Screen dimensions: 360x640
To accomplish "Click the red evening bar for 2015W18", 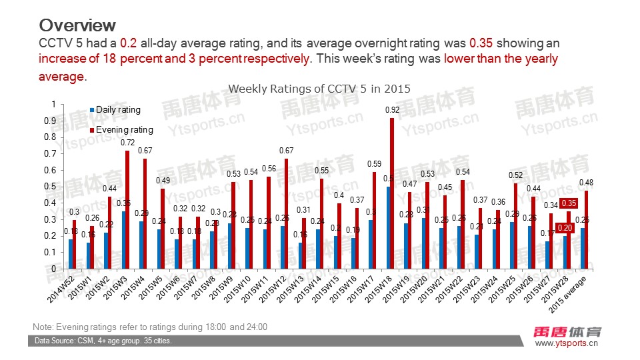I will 392,193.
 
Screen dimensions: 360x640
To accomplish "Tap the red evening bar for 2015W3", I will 127,209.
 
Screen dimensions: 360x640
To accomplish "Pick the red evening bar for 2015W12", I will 285,213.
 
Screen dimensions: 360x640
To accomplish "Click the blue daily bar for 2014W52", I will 70,254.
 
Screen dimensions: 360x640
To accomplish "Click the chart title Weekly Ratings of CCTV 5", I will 319,88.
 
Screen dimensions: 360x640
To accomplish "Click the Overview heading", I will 77,25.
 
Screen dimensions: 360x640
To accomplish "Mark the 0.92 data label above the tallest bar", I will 392,109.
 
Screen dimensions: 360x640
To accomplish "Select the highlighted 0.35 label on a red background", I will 569,203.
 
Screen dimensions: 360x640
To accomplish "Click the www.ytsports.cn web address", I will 567,344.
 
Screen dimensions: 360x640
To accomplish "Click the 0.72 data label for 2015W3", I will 128,143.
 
